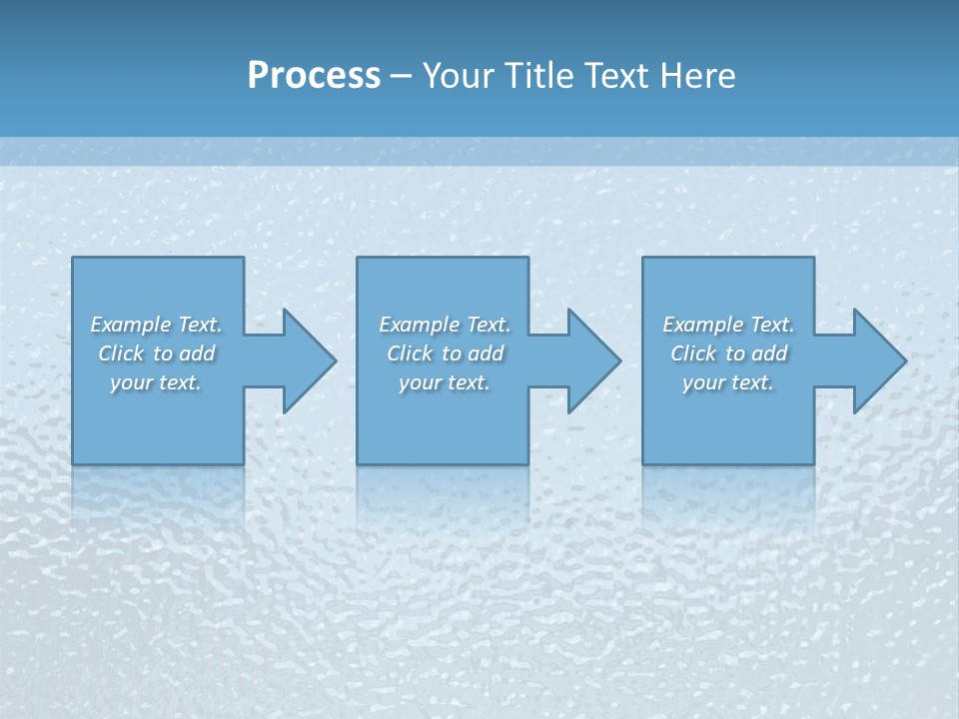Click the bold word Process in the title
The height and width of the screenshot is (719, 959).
[x=314, y=76]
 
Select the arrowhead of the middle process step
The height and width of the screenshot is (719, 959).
[x=592, y=360]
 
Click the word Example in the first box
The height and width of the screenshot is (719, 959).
[x=130, y=325]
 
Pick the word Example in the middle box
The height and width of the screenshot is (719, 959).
[x=419, y=325]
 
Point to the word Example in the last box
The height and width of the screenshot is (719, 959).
[x=702, y=325]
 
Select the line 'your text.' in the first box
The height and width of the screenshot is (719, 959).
[x=156, y=382]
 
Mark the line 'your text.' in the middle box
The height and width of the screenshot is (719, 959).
[x=444, y=382]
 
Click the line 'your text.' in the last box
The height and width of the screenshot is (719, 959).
[x=728, y=382]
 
